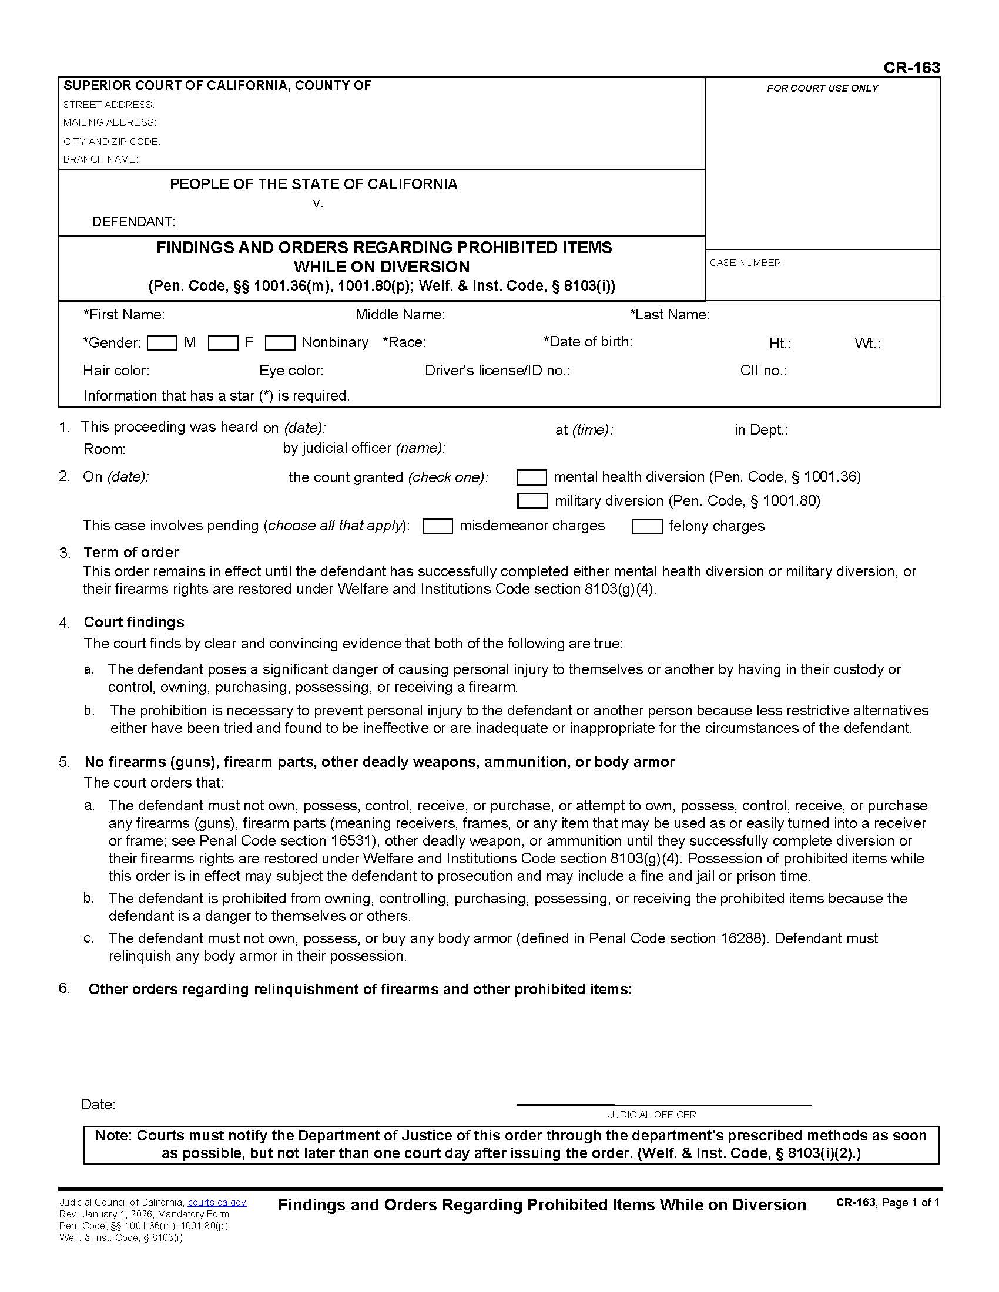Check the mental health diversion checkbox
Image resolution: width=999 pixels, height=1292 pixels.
[531, 477]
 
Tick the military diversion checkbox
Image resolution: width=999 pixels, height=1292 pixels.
[531, 501]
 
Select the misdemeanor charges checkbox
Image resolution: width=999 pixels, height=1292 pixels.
[437, 526]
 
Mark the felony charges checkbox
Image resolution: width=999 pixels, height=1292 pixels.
[647, 526]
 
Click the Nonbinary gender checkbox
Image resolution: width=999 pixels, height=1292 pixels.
[280, 343]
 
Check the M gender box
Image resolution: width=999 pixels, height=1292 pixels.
[162, 343]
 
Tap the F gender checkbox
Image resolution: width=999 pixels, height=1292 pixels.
[223, 343]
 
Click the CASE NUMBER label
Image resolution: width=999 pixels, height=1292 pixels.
[746, 263]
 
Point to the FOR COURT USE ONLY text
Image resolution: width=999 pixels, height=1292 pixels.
[822, 88]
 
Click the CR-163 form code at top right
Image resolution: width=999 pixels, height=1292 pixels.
[911, 68]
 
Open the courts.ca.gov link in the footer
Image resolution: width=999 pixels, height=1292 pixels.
[217, 1202]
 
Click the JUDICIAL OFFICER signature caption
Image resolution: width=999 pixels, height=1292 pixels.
[652, 1115]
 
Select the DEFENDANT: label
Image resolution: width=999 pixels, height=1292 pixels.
[134, 222]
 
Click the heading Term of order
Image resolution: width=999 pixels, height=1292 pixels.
[131, 552]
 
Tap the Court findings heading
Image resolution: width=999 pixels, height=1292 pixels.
[134, 622]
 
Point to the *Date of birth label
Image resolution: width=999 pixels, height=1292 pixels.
[588, 341]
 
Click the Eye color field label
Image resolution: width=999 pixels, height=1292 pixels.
[291, 371]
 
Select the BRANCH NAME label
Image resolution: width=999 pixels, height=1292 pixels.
[100, 159]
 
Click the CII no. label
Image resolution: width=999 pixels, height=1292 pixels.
[763, 371]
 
